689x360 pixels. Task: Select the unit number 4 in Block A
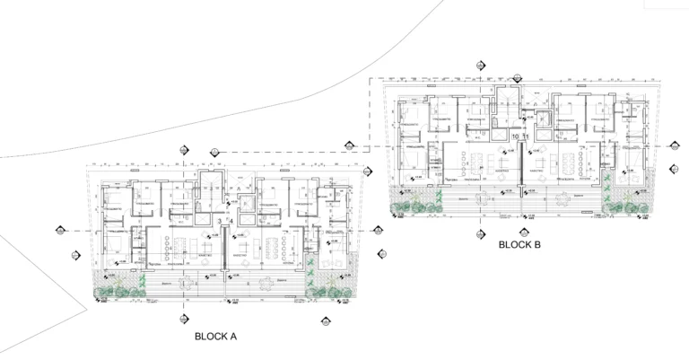coord(231,220)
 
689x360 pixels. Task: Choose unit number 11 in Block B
coord(527,136)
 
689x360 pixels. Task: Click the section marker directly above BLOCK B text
coord(481,231)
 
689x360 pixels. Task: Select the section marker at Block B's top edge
coord(481,66)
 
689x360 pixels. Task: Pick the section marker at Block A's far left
coord(61,230)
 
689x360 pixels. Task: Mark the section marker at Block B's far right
coord(673,147)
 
